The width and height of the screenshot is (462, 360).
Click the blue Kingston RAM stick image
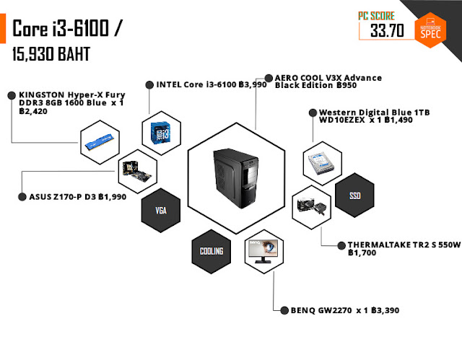point(100,141)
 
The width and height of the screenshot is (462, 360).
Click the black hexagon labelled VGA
point(161,211)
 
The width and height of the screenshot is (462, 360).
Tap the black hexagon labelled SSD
point(354,196)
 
